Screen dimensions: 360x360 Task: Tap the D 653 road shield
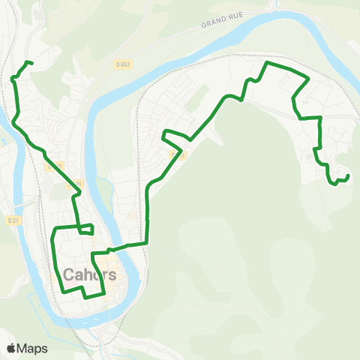pyautogui.click(x=124, y=64)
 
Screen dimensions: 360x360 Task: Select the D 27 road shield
pyautogui.click(x=12, y=220)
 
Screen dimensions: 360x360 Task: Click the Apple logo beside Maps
pyautogui.click(x=12, y=348)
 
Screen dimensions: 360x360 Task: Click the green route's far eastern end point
pyautogui.click(x=349, y=176)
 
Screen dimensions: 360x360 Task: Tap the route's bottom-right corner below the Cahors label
pyautogui.click(x=102, y=289)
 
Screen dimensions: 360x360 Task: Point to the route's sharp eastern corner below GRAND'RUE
pyautogui.click(x=308, y=79)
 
